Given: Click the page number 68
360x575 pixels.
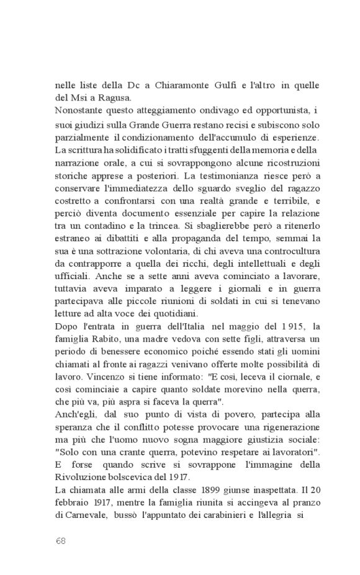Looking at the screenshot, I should (60, 541).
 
